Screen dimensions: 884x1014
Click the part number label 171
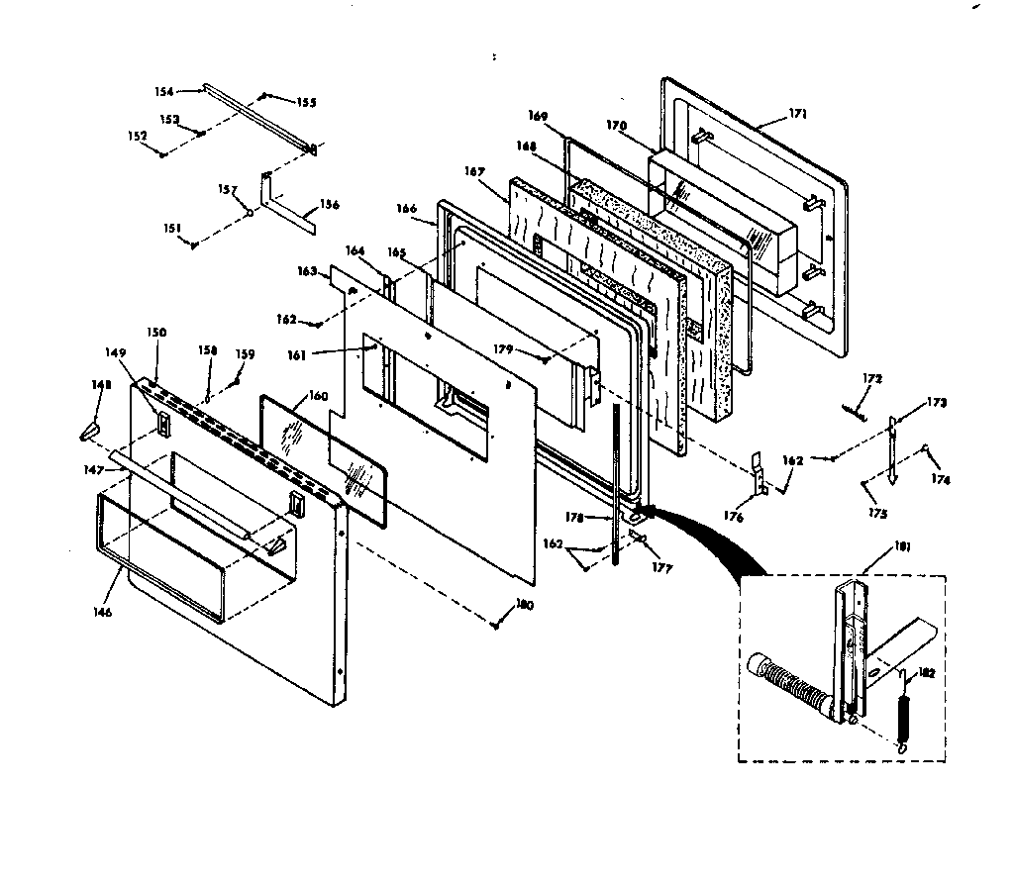tap(798, 114)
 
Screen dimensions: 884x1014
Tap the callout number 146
tap(103, 612)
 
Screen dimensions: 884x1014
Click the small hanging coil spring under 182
tap(903, 726)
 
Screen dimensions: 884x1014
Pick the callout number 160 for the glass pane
tap(317, 396)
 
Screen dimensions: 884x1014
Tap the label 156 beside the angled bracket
tap(329, 205)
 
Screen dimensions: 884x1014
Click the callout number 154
tap(163, 91)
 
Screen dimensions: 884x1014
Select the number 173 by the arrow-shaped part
tap(937, 403)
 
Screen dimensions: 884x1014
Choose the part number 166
tap(407, 209)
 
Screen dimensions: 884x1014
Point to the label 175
tap(877, 514)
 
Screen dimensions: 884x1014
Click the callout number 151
tap(172, 229)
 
